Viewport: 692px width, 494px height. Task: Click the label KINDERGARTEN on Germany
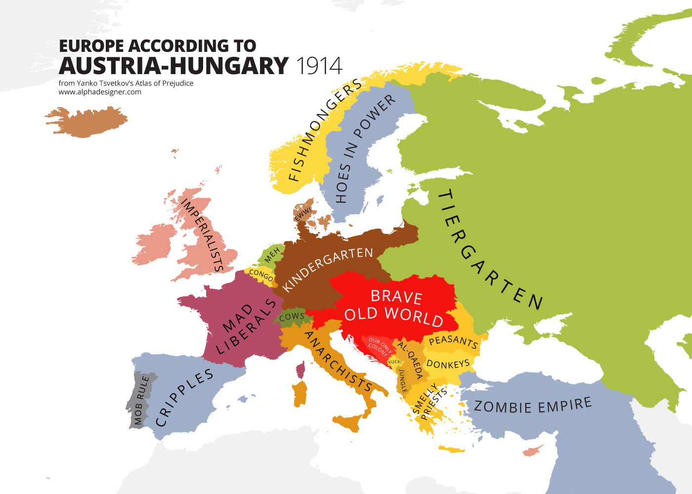[x=328, y=269]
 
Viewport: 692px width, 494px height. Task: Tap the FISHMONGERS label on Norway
[x=324, y=131]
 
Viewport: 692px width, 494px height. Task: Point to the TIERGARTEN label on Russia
[x=489, y=249]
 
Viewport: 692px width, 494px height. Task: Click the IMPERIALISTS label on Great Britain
[x=202, y=235]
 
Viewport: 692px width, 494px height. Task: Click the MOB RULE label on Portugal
[x=141, y=400]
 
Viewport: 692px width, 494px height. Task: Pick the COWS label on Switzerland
[x=292, y=316]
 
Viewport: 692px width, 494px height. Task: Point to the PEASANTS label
[x=453, y=341]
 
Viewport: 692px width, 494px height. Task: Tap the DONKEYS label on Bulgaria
[x=448, y=364]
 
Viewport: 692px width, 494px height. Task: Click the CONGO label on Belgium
[x=261, y=275]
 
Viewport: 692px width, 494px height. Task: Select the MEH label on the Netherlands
[x=272, y=255]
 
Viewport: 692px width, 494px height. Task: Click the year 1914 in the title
[x=319, y=66]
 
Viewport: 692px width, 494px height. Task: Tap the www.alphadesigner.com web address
[x=100, y=92]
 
